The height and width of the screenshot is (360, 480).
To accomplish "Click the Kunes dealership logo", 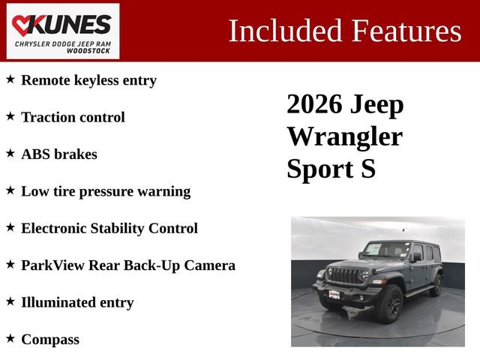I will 63,31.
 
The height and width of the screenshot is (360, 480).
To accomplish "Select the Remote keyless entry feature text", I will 88,80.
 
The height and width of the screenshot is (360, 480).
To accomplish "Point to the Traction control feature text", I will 73,117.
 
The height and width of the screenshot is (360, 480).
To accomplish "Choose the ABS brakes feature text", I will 58,154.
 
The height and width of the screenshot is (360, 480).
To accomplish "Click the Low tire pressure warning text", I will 105,191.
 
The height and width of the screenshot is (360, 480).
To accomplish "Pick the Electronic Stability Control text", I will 109,228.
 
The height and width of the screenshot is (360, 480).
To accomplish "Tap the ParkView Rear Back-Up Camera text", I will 127,265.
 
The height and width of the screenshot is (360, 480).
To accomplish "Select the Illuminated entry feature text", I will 76,302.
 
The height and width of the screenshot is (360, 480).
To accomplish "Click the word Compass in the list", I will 49,339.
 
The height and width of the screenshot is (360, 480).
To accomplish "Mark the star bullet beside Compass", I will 10,338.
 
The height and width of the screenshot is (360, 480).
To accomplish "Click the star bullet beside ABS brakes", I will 10,153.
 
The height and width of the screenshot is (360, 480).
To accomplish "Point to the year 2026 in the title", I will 314,104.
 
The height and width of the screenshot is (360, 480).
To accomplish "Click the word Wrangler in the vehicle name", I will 344,136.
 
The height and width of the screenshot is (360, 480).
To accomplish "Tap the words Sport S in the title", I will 331,169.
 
